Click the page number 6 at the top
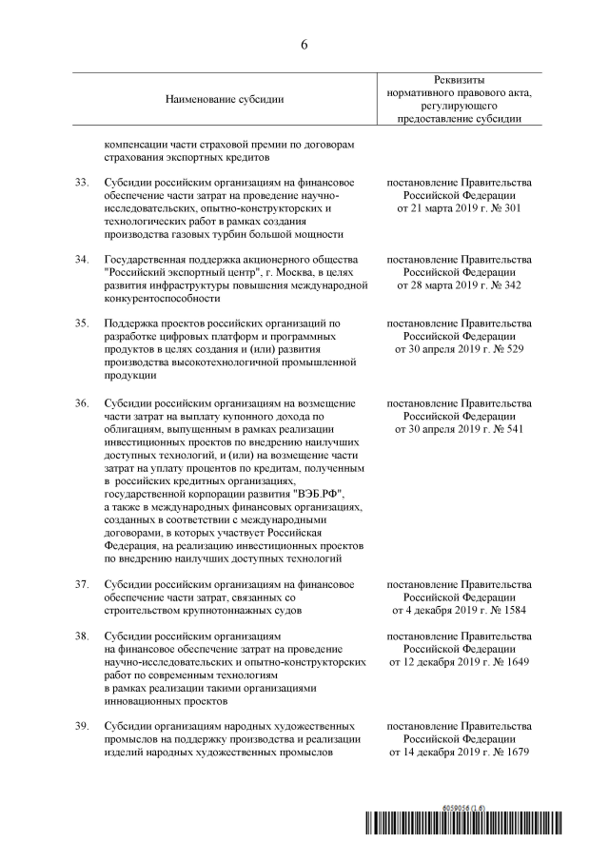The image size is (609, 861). coord(304,45)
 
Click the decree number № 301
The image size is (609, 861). coord(506,207)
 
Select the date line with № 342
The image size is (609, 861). coord(460,285)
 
